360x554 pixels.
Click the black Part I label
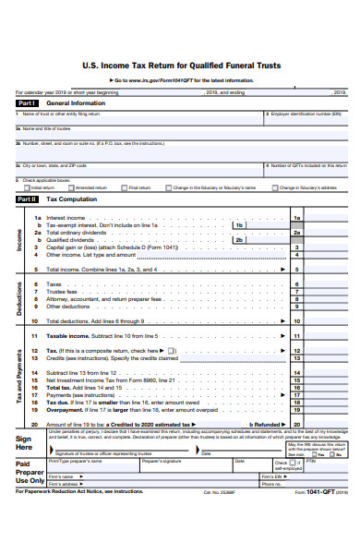pos(27,103)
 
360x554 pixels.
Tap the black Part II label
pos(27,199)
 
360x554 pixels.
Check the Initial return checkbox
pos(28,187)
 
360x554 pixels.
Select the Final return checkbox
pos(126,187)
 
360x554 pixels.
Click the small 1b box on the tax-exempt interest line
pos(239,225)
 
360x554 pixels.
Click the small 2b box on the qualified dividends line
pos(239,240)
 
